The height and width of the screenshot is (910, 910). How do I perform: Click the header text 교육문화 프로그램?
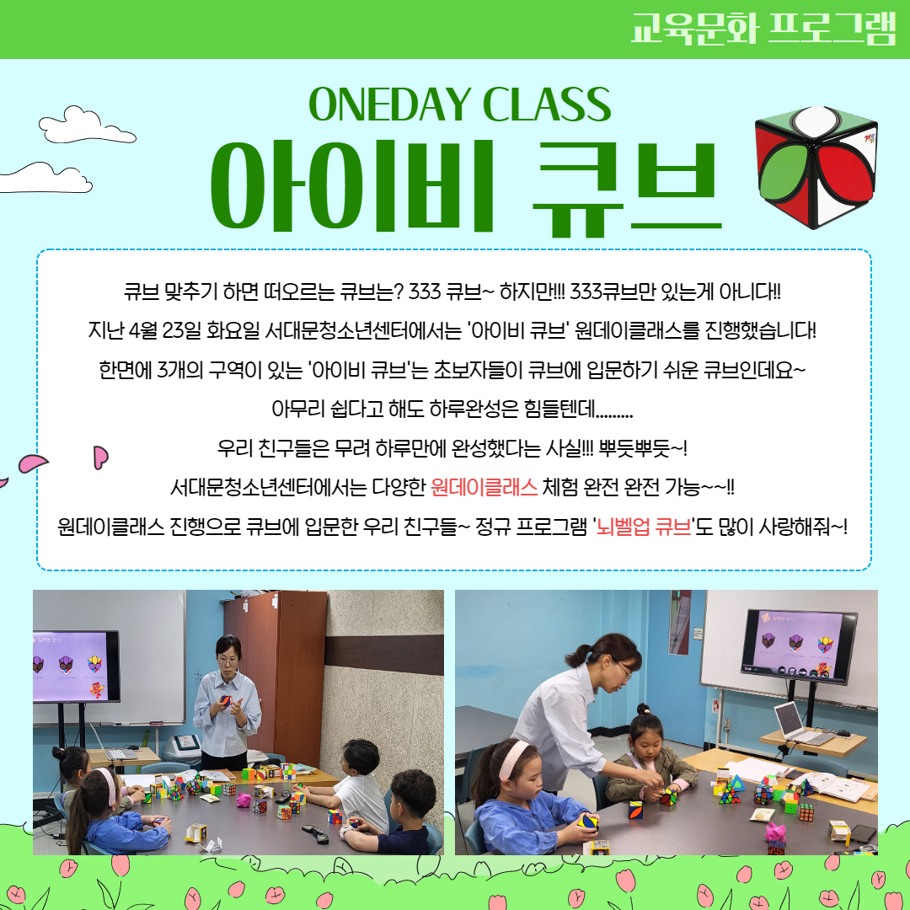763,28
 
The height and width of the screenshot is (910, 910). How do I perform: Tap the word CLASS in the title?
546,104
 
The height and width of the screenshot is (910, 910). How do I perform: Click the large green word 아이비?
352,185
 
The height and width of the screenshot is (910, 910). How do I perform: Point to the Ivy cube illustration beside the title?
816,167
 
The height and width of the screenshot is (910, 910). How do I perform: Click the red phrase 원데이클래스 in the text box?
484,487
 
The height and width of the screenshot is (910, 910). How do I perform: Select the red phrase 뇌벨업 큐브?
644,527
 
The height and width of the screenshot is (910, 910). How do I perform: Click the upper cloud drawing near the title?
87,126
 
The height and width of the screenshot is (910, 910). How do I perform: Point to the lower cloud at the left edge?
45,178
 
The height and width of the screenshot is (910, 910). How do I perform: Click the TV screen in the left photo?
75,666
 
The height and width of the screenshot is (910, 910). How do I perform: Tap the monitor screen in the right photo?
798,645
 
